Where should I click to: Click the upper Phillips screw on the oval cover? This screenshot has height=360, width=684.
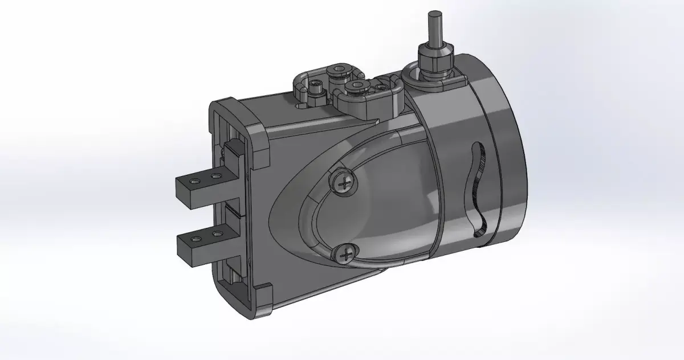point(344,183)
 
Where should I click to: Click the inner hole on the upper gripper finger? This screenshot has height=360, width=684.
point(215,177)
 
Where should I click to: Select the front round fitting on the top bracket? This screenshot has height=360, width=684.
point(357,86)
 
